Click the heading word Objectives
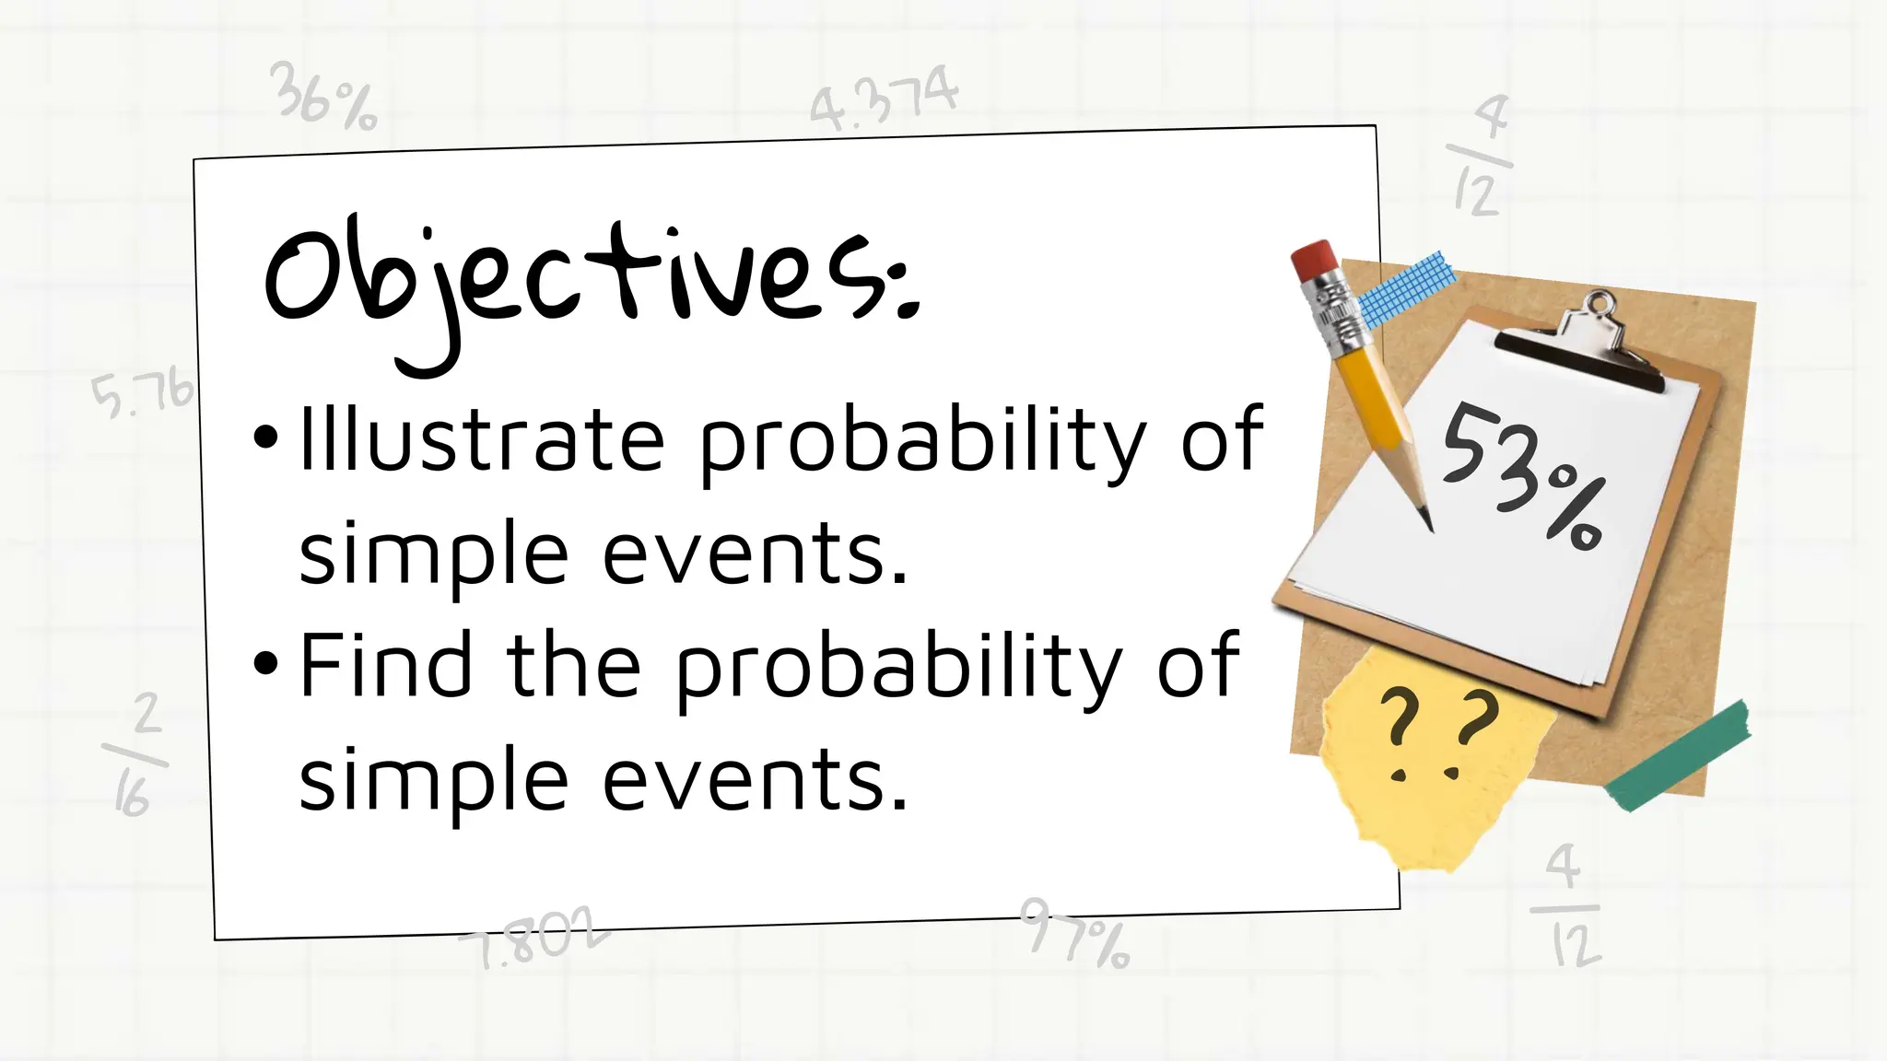[x=590, y=276]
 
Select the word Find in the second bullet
[x=387, y=665]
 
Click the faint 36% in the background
[x=323, y=97]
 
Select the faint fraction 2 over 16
[x=137, y=755]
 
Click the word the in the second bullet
[x=573, y=665]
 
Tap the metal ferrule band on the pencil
[x=1337, y=309]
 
